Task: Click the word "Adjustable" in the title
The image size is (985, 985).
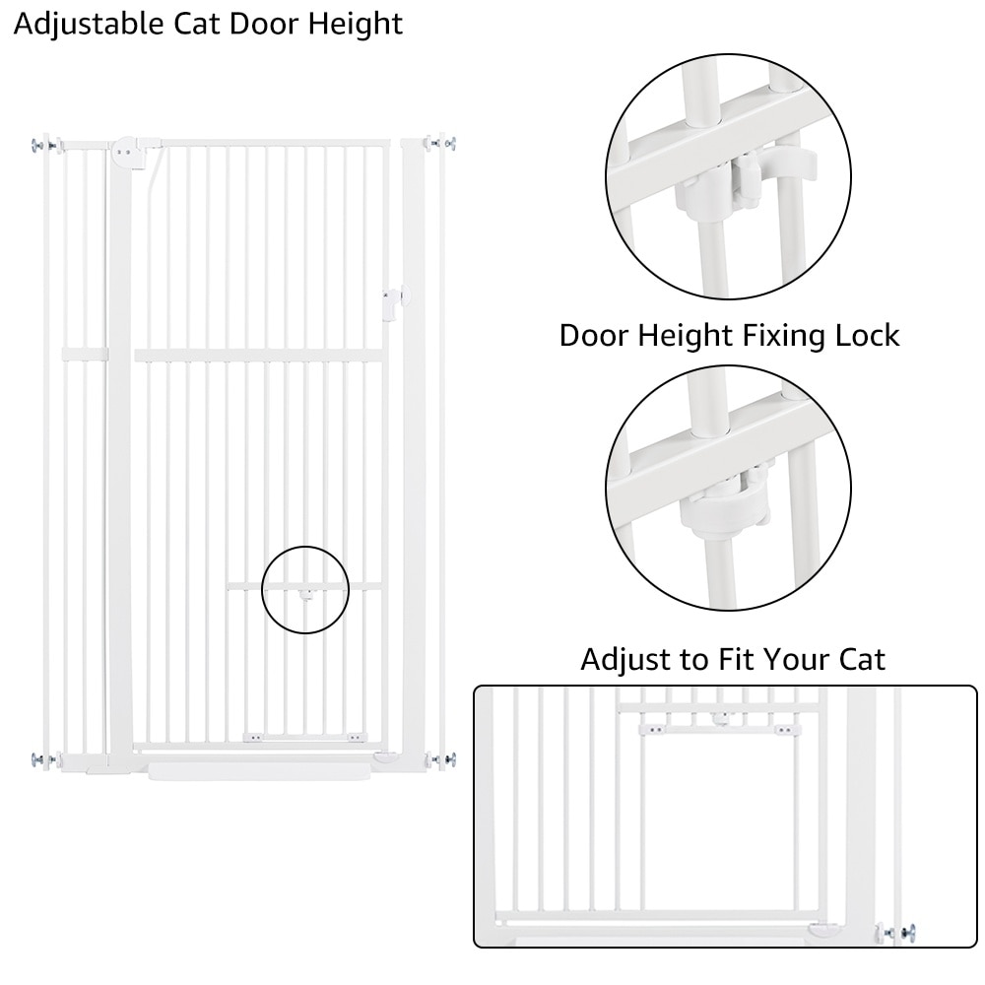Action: click(89, 26)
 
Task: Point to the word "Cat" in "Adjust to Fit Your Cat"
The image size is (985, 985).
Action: click(862, 660)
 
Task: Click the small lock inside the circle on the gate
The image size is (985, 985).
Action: click(306, 595)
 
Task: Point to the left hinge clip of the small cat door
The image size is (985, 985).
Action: click(253, 738)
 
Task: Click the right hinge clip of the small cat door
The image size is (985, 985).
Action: click(356, 738)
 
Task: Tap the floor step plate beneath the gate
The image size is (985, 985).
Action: click(259, 771)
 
